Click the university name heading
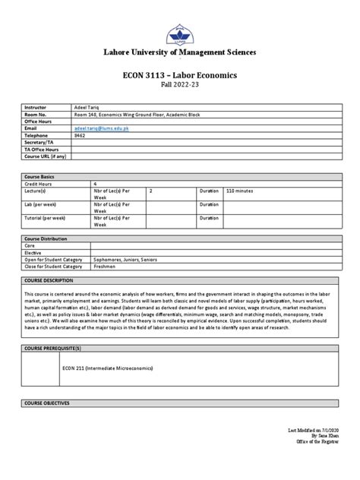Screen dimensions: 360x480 180,52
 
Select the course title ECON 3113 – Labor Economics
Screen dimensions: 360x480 180,76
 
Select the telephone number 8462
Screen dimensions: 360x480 80,136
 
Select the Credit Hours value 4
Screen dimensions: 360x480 95,183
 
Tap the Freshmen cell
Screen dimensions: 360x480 105,267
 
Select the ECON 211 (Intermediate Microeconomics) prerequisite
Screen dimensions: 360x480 107,368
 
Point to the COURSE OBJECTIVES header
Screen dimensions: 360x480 47,403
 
